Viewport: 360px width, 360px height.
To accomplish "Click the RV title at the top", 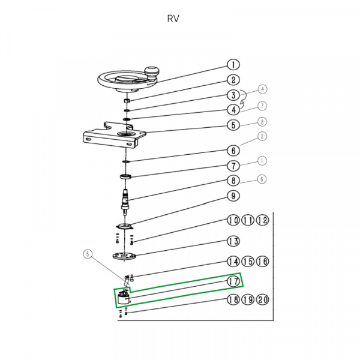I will pos(173,18).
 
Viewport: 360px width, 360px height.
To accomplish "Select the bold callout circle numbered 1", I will pos(233,65).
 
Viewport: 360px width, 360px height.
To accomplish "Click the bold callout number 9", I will pos(233,196).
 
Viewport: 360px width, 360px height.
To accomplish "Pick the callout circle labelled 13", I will pos(233,241).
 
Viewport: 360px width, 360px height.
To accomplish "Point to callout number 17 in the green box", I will pos(233,281).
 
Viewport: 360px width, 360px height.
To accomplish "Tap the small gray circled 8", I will pos(262,122).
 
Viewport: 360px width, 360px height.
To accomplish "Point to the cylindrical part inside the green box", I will pos(123,299).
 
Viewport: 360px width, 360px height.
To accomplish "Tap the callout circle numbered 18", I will pos(233,300).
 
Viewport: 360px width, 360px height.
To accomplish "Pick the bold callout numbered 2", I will pos(233,80).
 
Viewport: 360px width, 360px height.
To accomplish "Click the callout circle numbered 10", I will pos(233,221).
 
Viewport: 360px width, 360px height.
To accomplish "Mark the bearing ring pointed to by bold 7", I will pos(126,176).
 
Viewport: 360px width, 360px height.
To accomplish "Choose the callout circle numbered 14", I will pos(233,262).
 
